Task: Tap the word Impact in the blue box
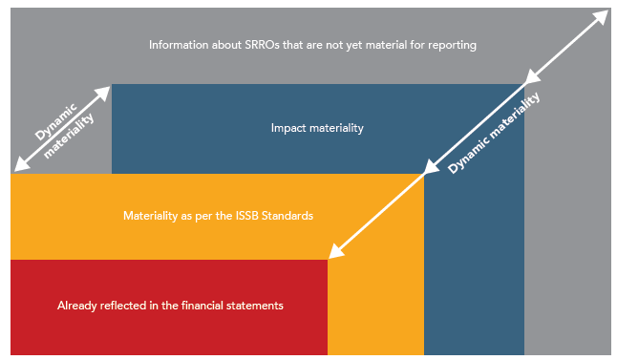point(287,127)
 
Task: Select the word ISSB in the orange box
point(249,216)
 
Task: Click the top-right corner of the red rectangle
point(328,260)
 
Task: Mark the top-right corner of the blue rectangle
point(523,85)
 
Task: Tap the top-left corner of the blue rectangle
point(112,85)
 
